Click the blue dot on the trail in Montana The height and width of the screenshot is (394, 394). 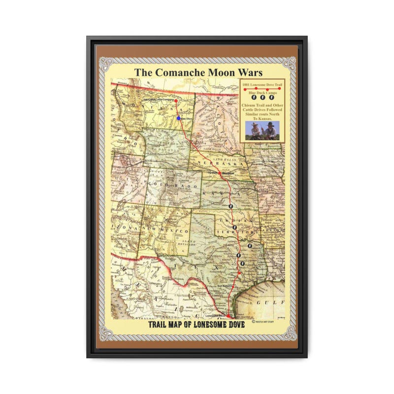179,118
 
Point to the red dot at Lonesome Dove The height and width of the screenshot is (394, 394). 228,315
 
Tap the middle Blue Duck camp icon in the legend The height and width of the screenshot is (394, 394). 262,99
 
